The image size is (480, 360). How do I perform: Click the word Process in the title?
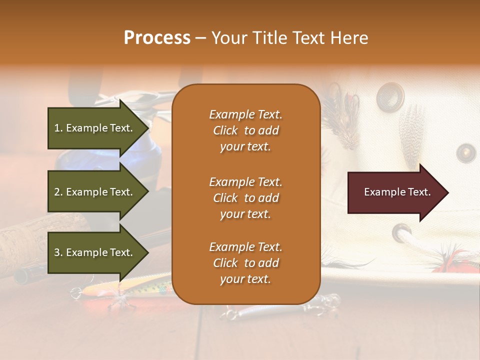click(157, 38)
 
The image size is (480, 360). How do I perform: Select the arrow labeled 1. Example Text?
click(95, 128)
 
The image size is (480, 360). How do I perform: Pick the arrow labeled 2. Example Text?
click(95, 192)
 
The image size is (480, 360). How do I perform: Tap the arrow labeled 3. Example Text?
click(95, 252)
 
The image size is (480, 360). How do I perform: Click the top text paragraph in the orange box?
click(245, 130)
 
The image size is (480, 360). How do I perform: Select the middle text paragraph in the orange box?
click(245, 198)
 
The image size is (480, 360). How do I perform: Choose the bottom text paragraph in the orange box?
click(245, 263)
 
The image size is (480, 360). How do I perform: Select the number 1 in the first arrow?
click(56, 128)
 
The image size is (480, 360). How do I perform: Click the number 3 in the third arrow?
click(56, 252)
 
